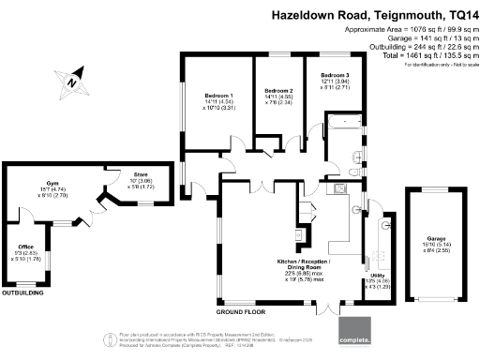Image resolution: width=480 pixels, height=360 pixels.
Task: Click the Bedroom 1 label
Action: point(218,96)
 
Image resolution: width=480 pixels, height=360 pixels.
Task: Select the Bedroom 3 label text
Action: point(335,75)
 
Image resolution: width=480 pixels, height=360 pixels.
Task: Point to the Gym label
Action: point(52,184)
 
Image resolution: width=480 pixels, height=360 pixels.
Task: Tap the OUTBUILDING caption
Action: point(22,293)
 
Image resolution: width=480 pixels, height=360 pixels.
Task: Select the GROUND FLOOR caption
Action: point(240,310)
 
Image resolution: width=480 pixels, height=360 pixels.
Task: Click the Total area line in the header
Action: point(415,56)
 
